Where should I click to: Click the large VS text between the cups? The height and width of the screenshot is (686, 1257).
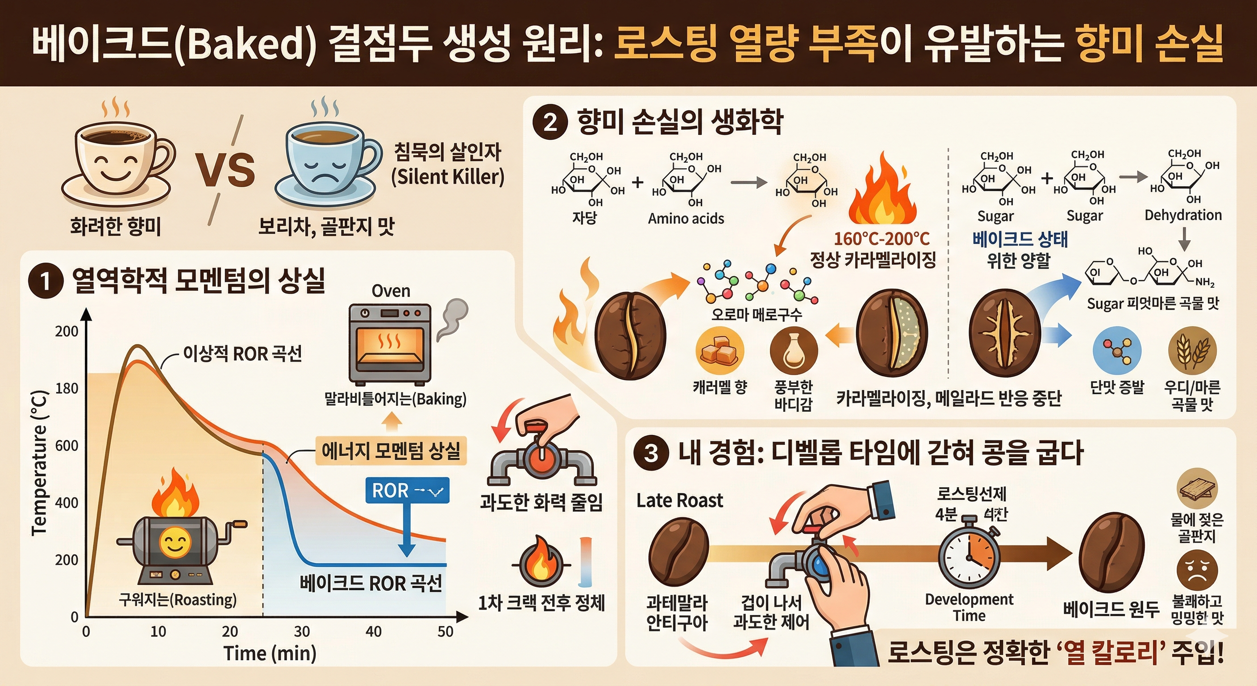[x=225, y=169]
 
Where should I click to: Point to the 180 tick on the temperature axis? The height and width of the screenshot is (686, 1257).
[x=67, y=389]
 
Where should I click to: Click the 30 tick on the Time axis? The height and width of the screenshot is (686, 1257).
[x=302, y=632]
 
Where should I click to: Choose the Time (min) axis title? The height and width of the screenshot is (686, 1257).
[x=270, y=653]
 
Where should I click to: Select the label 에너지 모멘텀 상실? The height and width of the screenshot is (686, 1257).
[x=391, y=450]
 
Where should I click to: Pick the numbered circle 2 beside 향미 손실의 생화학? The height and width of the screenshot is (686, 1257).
[x=550, y=122]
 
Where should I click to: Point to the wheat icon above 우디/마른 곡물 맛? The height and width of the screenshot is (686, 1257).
[x=1192, y=351]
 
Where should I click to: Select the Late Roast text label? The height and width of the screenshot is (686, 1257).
[x=680, y=501]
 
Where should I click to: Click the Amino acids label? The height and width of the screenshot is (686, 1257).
[x=686, y=219]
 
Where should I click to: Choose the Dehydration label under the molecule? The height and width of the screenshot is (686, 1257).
[x=1183, y=215]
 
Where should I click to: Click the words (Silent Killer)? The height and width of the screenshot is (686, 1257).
[x=447, y=177]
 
